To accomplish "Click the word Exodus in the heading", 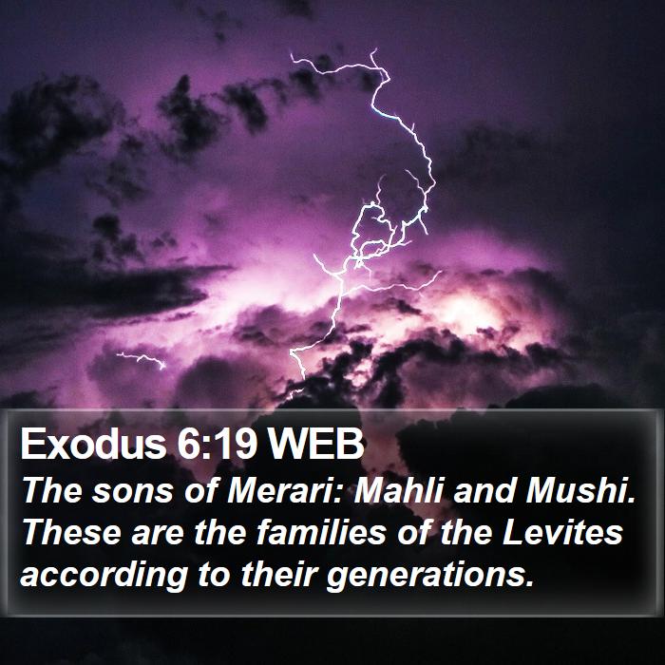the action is pyautogui.click(x=93, y=444).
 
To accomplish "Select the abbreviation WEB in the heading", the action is pyautogui.click(x=315, y=444).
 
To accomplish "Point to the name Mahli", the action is pyautogui.click(x=399, y=490).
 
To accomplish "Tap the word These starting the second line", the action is pyautogui.click(x=71, y=532).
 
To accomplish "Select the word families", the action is pyautogui.click(x=321, y=532).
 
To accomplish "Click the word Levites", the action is pyautogui.click(x=562, y=532).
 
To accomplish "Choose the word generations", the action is pyautogui.click(x=429, y=575).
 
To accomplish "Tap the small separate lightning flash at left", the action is pyautogui.click(x=142, y=359).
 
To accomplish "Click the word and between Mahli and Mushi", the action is pyautogui.click(x=484, y=490).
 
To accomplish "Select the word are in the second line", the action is pyautogui.click(x=158, y=534).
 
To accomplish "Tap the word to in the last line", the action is pyautogui.click(x=214, y=574).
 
